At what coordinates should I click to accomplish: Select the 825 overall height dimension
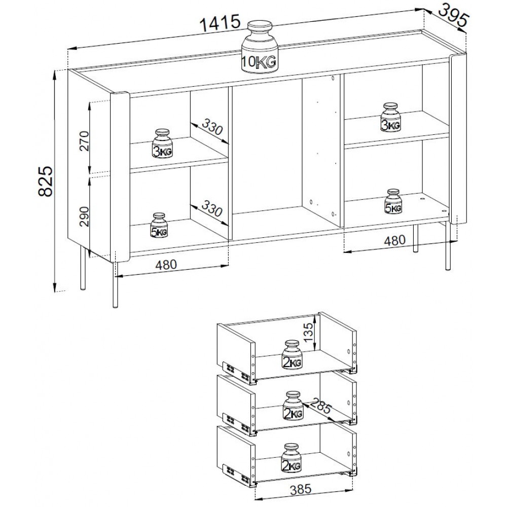coord(46,182)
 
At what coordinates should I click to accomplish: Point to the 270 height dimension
coord(84,141)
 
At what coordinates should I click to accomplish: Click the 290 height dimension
coord(84,216)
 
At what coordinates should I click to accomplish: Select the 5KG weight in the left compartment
coord(159,226)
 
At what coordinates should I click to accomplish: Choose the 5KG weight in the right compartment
coord(393,201)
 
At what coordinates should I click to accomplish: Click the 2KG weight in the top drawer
coord(292,354)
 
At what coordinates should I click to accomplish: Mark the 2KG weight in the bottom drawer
coord(292,458)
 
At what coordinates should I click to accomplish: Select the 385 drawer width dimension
coord(301,489)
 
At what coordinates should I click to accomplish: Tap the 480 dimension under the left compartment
coord(166,265)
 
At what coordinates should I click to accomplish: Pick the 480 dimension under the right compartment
coord(394,240)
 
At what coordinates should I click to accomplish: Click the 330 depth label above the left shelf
coord(212,126)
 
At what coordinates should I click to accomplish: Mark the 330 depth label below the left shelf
coord(212,208)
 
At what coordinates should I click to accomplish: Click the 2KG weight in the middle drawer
coord(294,406)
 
